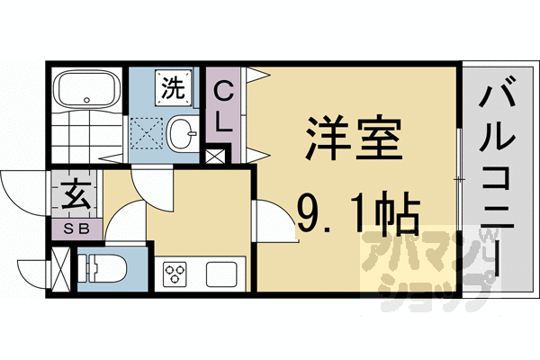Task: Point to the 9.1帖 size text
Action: pyautogui.click(x=357, y=214)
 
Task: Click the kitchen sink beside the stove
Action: pyautogui.click(x=220, y=272)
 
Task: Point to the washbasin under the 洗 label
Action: pyautogui.click(x=182, y=133)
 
